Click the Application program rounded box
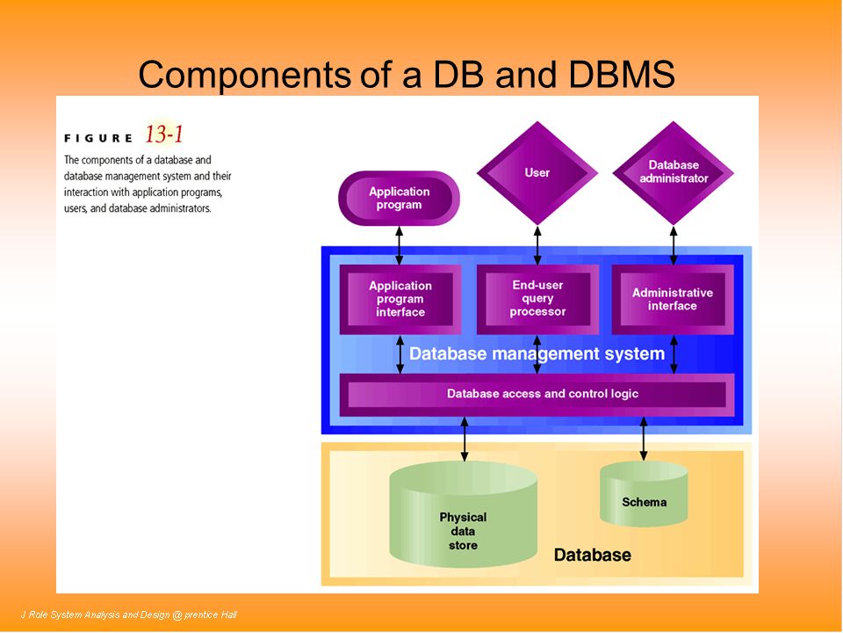(399, 198)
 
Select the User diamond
(537, 173)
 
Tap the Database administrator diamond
(674, 173)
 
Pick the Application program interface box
(400, 299)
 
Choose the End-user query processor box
(537, 299)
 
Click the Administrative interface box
(673, 299)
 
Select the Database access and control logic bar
(537, 395)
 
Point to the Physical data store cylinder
(463, 514)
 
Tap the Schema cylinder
(644, 493)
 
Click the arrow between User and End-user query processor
(537, 245)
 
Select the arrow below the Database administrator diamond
(674, 245)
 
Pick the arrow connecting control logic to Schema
(644, 439)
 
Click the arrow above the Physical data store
(465, 440)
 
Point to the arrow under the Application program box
(400, 245)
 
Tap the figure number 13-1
(164, 134)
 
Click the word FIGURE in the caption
(98, 138)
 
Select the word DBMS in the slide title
(621, 74)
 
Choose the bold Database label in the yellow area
(593, 555)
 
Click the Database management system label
(537, 353)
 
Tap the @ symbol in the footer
(177, 615)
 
